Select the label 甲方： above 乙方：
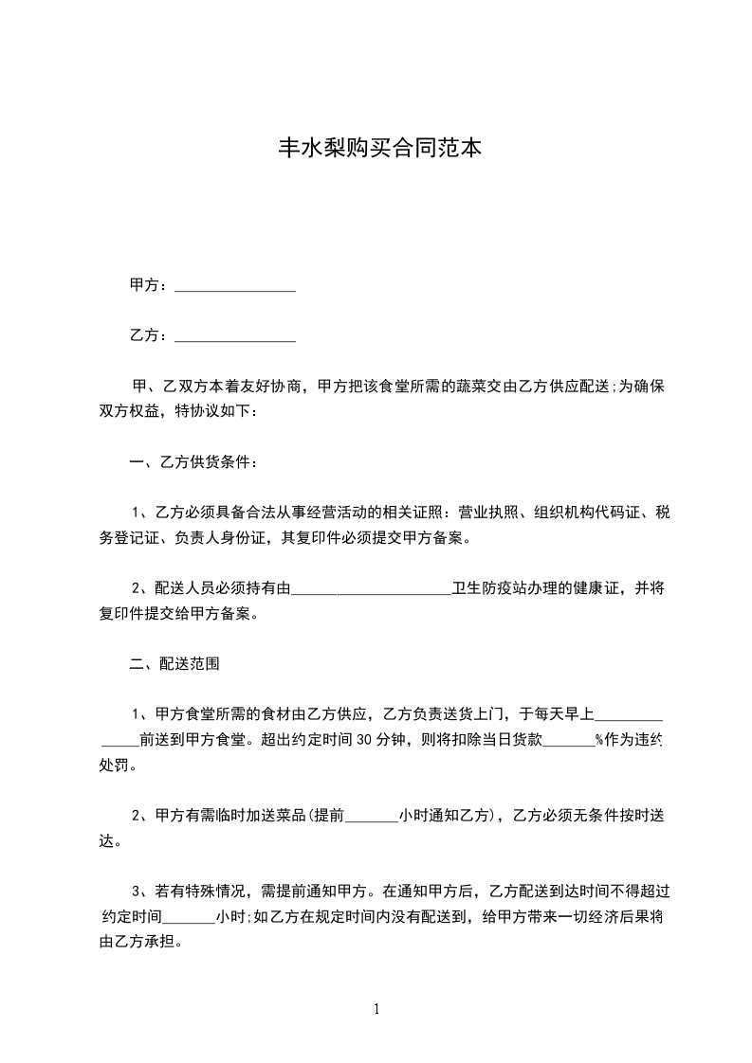click(x=149, y=285)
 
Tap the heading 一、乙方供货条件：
click(x=192, y=462)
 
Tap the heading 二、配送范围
click(x=175, y=664)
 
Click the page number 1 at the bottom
click(x=376, y=1009)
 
